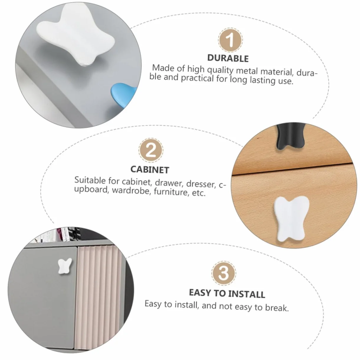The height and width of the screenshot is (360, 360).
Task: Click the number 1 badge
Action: point(230,40)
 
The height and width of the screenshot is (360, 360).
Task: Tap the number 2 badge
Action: point(151,150)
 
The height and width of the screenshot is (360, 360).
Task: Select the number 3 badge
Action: point(223,273)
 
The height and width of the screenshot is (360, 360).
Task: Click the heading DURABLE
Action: point(228,58)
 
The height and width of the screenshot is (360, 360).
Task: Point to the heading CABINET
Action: point(150,170)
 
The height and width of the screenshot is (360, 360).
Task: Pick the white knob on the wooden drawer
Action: point(292,218)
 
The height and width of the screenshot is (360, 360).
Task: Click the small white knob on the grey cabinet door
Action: point(65,266)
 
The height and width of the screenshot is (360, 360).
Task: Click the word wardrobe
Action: point(131,191)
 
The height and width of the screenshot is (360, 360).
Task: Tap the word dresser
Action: point(201,184)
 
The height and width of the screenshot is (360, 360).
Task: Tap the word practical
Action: point(197,78)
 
